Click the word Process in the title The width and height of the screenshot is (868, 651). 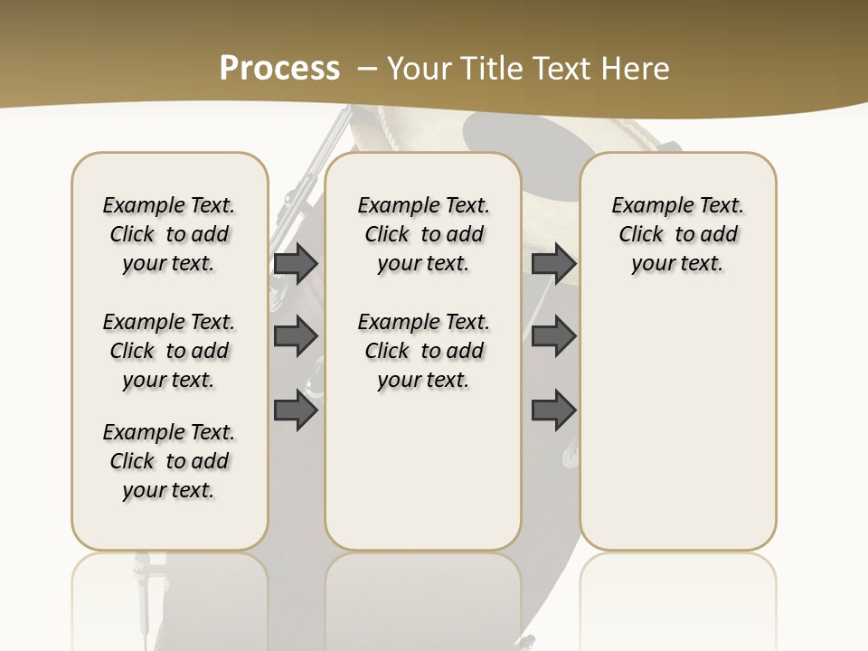(279, 68)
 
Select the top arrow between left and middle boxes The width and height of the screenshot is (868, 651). (296, 263)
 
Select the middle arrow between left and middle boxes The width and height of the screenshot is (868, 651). (296, 336)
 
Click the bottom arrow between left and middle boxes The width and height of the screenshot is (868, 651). (296, 411)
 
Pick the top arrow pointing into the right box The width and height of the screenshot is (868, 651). (553, 263)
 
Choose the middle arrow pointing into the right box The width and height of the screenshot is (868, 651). (553, 336)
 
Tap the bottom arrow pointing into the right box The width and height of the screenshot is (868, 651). (553, 411)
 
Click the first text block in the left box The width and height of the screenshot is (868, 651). (169, 234)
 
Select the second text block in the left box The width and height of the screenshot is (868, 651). (169, 351)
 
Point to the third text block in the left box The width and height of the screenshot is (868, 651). (169, 461)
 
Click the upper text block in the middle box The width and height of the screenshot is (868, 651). (423, 234)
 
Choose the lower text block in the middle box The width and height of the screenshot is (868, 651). (423, 351)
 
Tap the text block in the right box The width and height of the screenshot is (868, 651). (677, 234)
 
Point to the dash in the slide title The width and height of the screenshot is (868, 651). (367, 69)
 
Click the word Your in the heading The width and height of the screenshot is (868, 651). (421, 68)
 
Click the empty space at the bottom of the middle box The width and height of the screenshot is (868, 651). (423, 479)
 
